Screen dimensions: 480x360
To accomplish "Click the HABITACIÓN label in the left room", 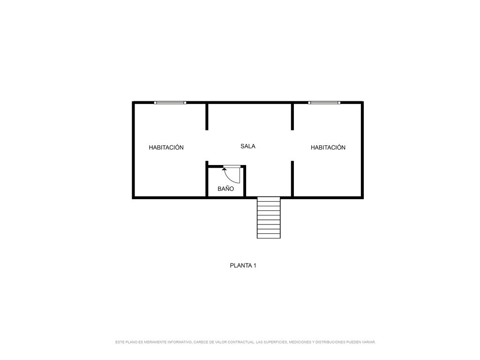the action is coord(166,147).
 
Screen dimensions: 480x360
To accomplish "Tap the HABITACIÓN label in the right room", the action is coord(328,147).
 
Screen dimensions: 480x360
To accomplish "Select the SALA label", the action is coord(247,146).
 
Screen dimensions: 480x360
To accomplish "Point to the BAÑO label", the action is coord(225,188).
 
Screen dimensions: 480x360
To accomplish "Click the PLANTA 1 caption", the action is coord(243,266).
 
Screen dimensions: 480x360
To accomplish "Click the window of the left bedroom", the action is coord(170,103).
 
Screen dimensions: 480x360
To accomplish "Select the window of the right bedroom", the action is coord(324,103).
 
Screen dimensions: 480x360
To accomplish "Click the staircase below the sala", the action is coord(269,217).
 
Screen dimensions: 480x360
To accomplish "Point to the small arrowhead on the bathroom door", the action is coord(225,169).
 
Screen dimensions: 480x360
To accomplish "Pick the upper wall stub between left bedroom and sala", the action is coord(207,117).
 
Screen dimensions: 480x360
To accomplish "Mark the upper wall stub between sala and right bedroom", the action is coord(292,117).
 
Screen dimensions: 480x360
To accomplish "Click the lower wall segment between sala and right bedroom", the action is coord(292,179).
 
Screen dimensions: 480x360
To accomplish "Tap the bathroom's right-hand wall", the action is coord(245,181).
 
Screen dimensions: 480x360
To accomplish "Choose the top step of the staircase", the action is coord(269,199).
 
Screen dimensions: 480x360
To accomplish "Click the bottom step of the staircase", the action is coord(269,236).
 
